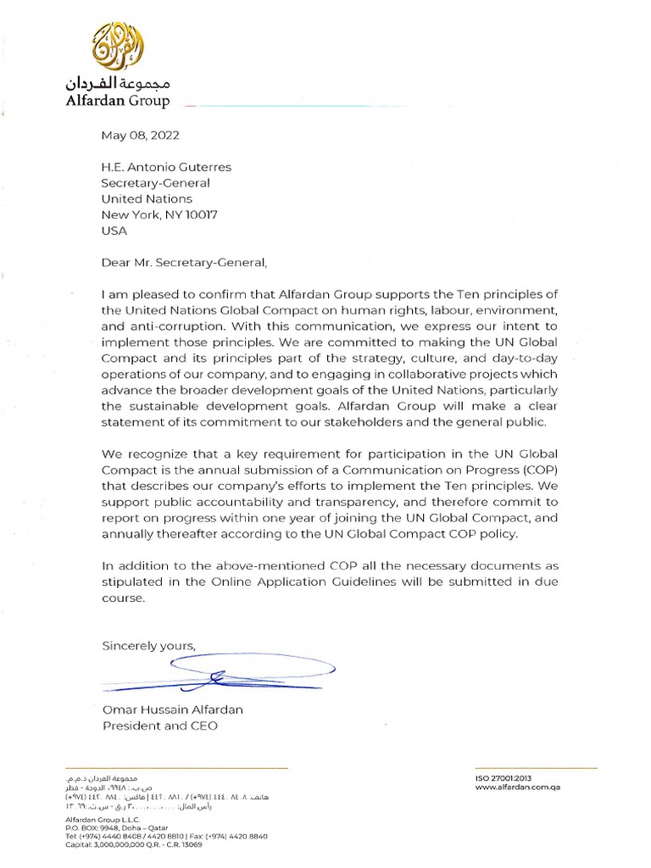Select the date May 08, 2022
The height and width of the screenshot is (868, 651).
click(x=140, y=135)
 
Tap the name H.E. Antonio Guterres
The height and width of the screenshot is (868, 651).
click(x=166, y=167)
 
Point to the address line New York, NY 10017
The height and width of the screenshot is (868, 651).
click(x=159, y=215)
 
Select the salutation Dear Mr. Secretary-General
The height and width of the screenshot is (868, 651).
click(x=189, y=262)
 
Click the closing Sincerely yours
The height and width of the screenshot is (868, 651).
click(x=148, y=645)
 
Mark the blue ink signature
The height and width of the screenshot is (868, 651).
click(x=220, y=675)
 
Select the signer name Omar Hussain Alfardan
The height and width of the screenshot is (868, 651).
click(x=172, y=709)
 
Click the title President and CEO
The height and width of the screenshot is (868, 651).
click(x=159, y=726)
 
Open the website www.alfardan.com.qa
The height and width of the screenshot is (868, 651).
click(x=519, y=787)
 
